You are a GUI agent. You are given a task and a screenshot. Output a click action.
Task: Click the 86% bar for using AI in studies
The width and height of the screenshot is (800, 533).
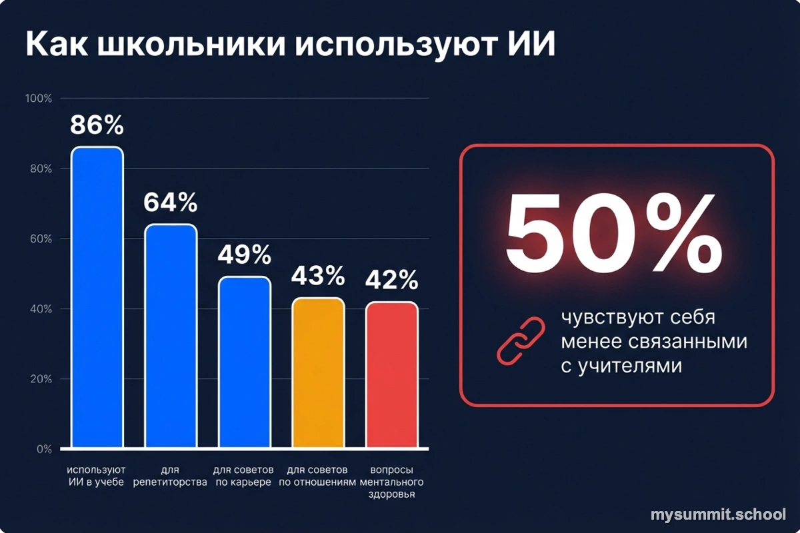coord(97,297)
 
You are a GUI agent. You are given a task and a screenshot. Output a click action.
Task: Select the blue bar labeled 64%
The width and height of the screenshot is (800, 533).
coord(171,336)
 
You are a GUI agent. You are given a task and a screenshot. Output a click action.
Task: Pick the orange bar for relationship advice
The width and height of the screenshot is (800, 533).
coord(319,372)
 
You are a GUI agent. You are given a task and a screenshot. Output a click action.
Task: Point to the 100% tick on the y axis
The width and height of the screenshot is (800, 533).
coord(39,99)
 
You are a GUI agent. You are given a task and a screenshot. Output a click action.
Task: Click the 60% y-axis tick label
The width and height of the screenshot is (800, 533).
coord(39,239)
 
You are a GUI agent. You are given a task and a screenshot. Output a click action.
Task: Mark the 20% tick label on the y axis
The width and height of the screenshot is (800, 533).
coord(39,379)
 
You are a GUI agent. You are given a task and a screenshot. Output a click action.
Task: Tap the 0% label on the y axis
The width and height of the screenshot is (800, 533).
coord(43,450)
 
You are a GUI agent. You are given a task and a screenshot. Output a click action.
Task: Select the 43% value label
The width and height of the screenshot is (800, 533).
coord(319,274)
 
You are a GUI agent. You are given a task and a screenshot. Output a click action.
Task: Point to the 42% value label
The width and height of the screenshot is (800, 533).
coord(392,280)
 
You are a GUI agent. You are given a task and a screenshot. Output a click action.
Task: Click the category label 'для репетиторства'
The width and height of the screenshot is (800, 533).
coord(170,476)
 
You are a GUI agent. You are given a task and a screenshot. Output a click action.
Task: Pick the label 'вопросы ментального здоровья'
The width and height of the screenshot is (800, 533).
coord(392,482)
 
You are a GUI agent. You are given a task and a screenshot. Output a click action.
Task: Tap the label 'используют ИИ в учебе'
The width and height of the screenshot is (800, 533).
coord(97,476)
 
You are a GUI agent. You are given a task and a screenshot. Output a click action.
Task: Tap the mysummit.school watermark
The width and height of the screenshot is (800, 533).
coord(718,514)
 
